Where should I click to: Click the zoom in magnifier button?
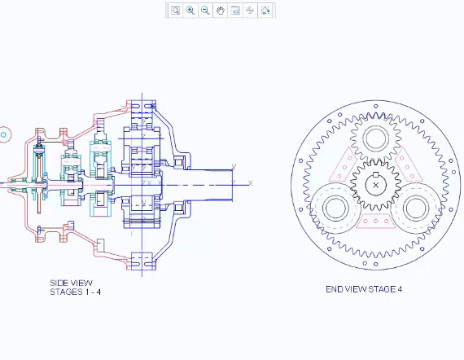pyautogui.click(x=190, y=11)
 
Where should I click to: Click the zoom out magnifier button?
pyautogui.click(x=205, y=11)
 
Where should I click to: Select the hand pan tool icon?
pyautogui.click(x=220, y=11)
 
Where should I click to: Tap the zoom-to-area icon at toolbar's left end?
pyautogui.click(x=176, y=11)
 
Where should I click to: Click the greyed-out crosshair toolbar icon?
pyautogui.click(x=250, y=11)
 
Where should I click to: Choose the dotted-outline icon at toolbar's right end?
pyautogui.click(x=265, y=11)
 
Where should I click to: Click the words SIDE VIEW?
pyautogui.click(x=72, y=283)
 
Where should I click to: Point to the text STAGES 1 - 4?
pyautogui.click(x=76, y=292)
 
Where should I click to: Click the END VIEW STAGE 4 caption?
pyautogui.click(x=364, y=289)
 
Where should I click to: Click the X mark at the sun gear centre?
pyautogui.click(x=376, y=186)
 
